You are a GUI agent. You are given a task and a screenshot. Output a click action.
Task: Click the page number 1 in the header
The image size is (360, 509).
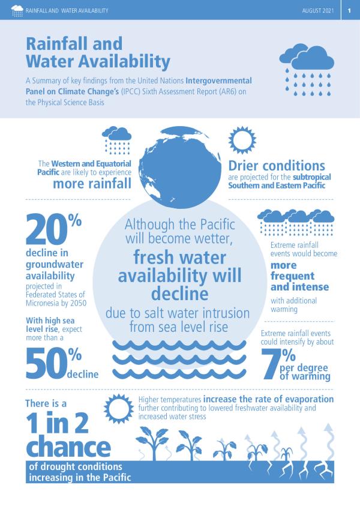click(349, 10)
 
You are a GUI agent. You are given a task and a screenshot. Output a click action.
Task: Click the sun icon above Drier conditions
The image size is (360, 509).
click(244, 139)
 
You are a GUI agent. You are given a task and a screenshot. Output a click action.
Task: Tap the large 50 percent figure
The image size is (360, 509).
click(53, 363)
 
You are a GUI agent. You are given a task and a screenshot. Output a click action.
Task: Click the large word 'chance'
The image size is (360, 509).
click(67, 447)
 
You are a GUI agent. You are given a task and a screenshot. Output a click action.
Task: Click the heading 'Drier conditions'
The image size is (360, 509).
click(277, 166)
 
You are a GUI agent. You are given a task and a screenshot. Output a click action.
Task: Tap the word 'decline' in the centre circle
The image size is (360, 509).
click(179, 294)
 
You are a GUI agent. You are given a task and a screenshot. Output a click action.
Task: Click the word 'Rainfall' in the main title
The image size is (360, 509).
click(73, 43)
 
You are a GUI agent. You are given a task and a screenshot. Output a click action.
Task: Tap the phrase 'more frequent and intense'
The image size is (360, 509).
click(293, 277)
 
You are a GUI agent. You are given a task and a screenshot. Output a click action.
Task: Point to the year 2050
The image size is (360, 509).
click(76, 303)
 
